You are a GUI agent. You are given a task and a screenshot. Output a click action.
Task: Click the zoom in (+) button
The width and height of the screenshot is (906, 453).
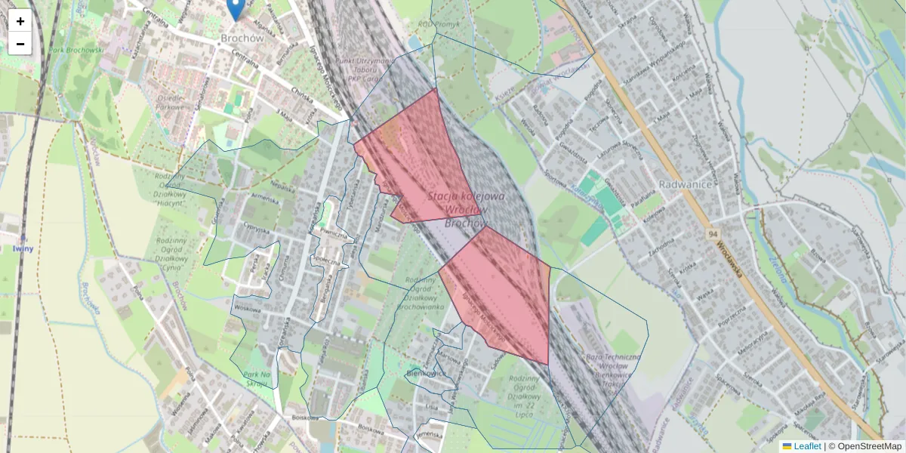pyautogui.click(x=20, y=21)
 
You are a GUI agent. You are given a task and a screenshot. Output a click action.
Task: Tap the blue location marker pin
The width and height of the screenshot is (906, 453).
pyautogui.click(x=236, y=9)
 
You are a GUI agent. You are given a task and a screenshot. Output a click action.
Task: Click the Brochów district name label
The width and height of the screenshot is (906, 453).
pyautogui.click(x=241, y=37)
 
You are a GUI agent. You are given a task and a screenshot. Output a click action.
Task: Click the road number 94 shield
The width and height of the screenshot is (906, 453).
pyautogui.click(x=713, y=235)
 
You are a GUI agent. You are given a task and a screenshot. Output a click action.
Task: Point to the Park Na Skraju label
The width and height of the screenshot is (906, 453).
pyautogui.click(x=257, y=379)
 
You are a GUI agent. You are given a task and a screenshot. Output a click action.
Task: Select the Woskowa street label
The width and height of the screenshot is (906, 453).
pyautogui.click(x=246, y=308)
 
